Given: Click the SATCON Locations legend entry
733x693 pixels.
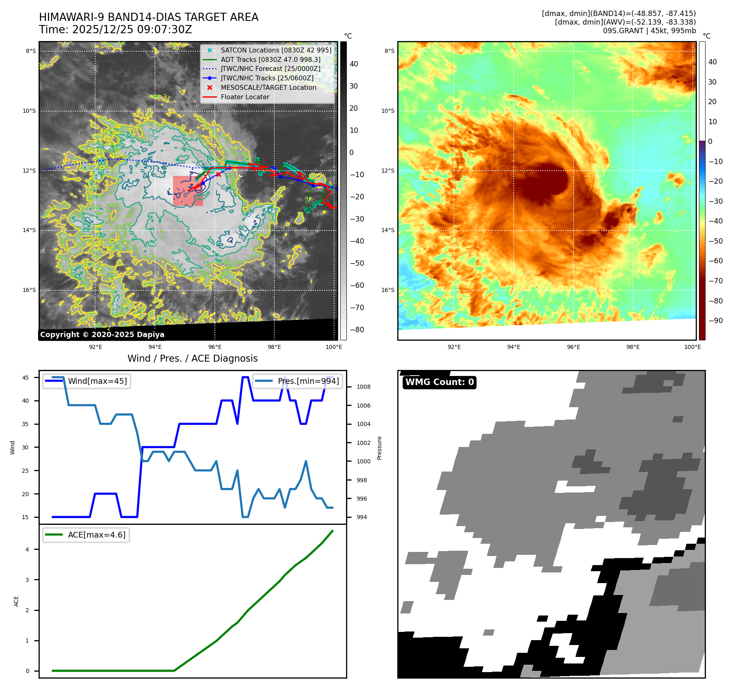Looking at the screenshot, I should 275,50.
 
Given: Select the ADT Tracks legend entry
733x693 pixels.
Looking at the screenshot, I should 270,59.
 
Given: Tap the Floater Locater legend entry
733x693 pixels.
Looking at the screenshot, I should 245,97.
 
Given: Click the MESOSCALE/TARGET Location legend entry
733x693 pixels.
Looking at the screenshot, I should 268,87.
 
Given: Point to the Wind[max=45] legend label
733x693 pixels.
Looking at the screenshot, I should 97,381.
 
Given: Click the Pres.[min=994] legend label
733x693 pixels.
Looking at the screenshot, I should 308,381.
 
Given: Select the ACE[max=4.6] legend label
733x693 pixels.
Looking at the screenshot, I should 97,535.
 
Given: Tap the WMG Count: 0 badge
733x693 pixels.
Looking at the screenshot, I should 439,382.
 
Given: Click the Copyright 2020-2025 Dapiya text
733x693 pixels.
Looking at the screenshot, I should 102,335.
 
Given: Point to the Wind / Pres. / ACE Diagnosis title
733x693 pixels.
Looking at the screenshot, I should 192,358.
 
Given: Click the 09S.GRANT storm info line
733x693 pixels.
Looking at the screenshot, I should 649,31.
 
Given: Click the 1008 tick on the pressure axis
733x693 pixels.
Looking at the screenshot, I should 363,387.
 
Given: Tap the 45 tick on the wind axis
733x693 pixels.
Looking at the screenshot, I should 25,378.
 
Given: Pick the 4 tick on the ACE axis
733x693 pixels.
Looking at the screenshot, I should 27,549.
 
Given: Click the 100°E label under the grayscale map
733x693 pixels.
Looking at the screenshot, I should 334,347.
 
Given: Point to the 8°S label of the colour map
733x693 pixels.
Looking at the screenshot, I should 389,51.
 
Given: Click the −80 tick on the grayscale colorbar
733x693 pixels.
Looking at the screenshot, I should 357,330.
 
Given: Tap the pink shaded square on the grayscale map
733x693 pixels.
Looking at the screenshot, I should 188,191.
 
